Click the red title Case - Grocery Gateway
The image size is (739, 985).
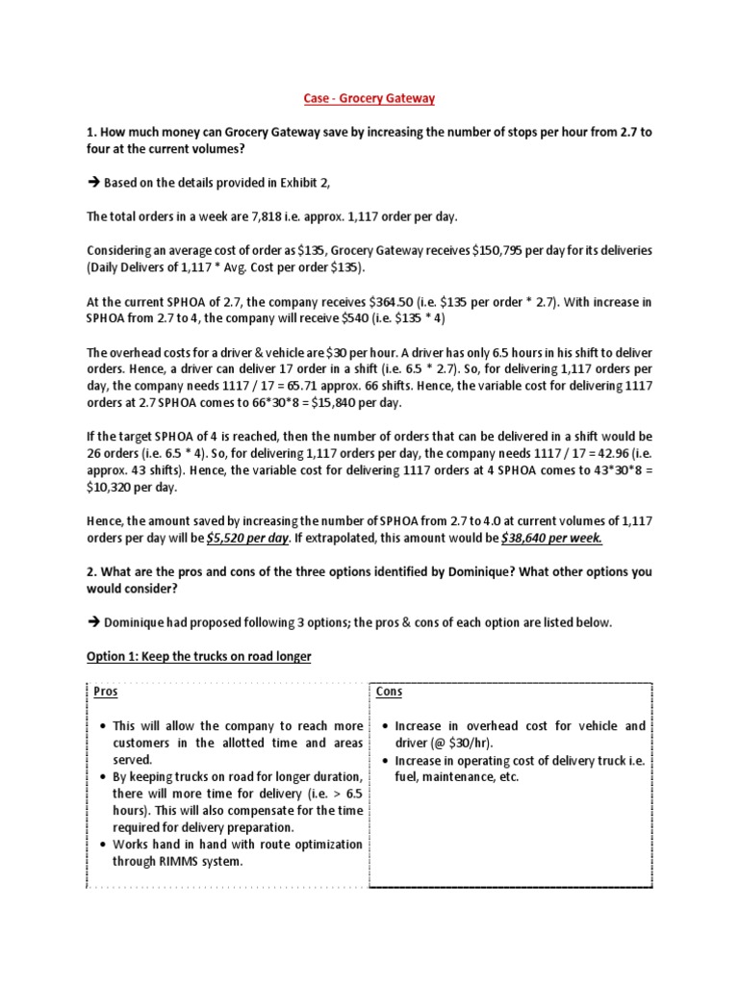(369, 97)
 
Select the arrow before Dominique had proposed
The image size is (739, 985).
(94, 622)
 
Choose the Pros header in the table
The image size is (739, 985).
(103, 692)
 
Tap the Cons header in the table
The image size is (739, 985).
(389, 692)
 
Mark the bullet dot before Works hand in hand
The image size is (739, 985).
(103, 845)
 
